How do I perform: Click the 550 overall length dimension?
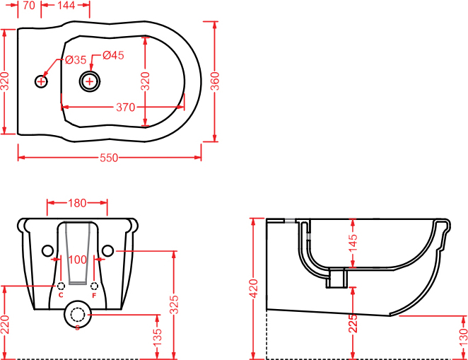pyautogui.click(x=109, y=158)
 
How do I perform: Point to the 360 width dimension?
pyautogui.click(x=215, y=81)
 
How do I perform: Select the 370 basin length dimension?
pyautogui.click(x=125, y=108)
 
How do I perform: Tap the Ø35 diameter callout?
pyautogui.click(x=76, y=59)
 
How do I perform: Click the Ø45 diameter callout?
pyautogui.click(x=113, y=55)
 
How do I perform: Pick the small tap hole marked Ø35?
pyautogui.click(x=41, y=81)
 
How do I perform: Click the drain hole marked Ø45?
pyautogui.click(x=90, y=81)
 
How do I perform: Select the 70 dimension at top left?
pyautogui.click(x=29, y=5)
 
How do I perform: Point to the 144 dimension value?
pyautogui.click(x=66, y=5)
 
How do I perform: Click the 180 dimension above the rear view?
pyautogui.click(x=77, y=203)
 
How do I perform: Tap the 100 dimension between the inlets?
pyautogui.click(x=78, y=260)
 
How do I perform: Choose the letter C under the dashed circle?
pyautogui.click(x=61, y=295)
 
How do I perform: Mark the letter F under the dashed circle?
pyautogui.click(x=94, y=296)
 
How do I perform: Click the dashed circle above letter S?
pyautogui.click(x=78, y=314)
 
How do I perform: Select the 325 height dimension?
pyautogui.click(x=174, y=304)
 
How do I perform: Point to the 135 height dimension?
pyautogui.click(x=157, y=337)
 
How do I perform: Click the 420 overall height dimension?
pyautogui.click(x=254, y=289)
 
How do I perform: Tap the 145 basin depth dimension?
pyautogui.click(x=353, y=243)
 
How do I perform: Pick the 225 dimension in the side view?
pyautogui.click(x=353, y=323)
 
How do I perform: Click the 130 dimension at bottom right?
pyautogui.click(x=464, y=337)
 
